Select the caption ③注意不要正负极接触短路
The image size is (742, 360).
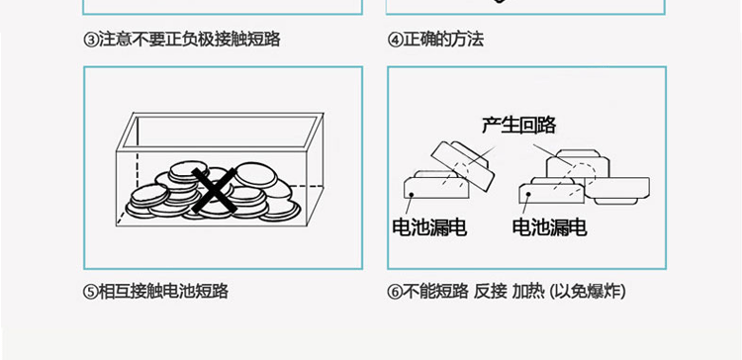coord(182,41)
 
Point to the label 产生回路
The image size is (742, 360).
coord(518,125)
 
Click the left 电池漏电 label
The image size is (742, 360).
coord(428,228)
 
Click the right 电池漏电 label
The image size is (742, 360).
coord(549,228)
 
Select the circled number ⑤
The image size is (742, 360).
coord(91,292)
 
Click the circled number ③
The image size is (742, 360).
coord(91,41)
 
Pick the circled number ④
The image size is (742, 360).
coord(395,41)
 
